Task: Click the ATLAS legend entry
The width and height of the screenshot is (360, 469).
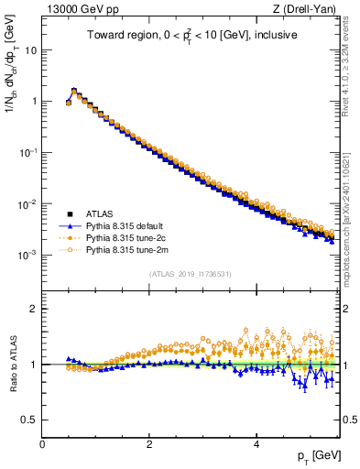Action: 101,213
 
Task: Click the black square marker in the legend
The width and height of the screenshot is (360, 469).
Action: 67,213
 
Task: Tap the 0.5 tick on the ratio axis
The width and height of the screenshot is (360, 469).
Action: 30,420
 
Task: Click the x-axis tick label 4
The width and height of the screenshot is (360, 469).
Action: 256,444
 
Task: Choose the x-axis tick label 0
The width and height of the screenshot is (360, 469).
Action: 42,444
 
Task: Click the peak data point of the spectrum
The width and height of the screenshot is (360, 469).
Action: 74,91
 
